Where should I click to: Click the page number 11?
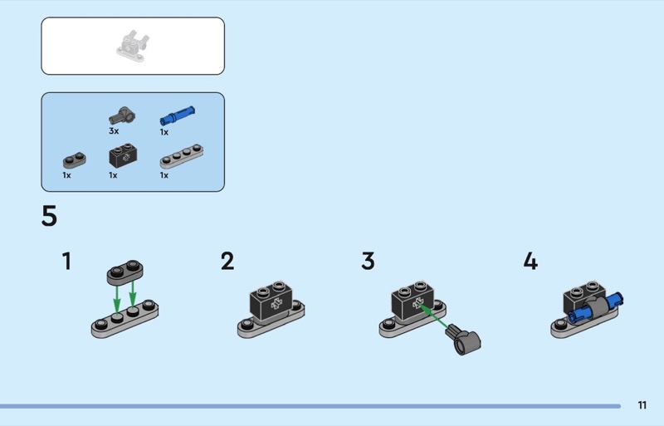coord(642,405)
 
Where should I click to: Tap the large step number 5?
coord(49,217)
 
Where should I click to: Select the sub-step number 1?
coord(66,262)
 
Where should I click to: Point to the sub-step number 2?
coord(227,262)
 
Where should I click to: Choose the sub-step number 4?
coord(530,262)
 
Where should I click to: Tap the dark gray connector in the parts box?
coord(122,114)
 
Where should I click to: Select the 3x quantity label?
coord(114,131)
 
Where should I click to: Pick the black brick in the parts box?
coord(124,156)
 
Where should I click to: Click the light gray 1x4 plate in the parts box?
coord(182,156)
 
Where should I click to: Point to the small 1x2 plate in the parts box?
coord(74,160)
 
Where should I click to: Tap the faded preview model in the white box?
coord(133,46)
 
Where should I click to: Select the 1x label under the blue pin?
coord(164,131)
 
